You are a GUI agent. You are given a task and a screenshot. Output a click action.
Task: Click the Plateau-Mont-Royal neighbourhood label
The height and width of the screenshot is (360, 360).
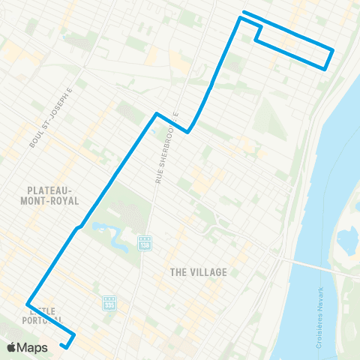point(50,196)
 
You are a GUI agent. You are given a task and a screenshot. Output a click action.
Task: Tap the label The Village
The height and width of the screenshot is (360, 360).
point(198,271)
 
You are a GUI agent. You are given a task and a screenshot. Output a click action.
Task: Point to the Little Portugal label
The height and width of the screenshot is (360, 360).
point(44,315)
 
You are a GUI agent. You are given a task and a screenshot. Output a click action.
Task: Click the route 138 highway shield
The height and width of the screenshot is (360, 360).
point(145,243)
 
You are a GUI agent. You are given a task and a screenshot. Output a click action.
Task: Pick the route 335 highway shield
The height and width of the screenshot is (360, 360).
point(109,304)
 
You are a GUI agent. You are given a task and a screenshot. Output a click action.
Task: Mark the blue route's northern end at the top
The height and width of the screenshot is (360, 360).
point(244,13)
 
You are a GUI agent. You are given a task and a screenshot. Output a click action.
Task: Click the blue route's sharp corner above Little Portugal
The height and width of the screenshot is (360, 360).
point(29,304)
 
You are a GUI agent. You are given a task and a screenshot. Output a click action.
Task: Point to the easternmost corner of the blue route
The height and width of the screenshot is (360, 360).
point(332,50)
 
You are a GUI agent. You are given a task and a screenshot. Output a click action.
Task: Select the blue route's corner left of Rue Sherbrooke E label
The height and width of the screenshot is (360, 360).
point(156,114)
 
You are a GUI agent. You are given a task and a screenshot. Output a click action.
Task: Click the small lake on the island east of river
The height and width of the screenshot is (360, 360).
point(346,241)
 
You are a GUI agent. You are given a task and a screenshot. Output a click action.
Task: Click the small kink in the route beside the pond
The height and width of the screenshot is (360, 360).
point(78,224)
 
